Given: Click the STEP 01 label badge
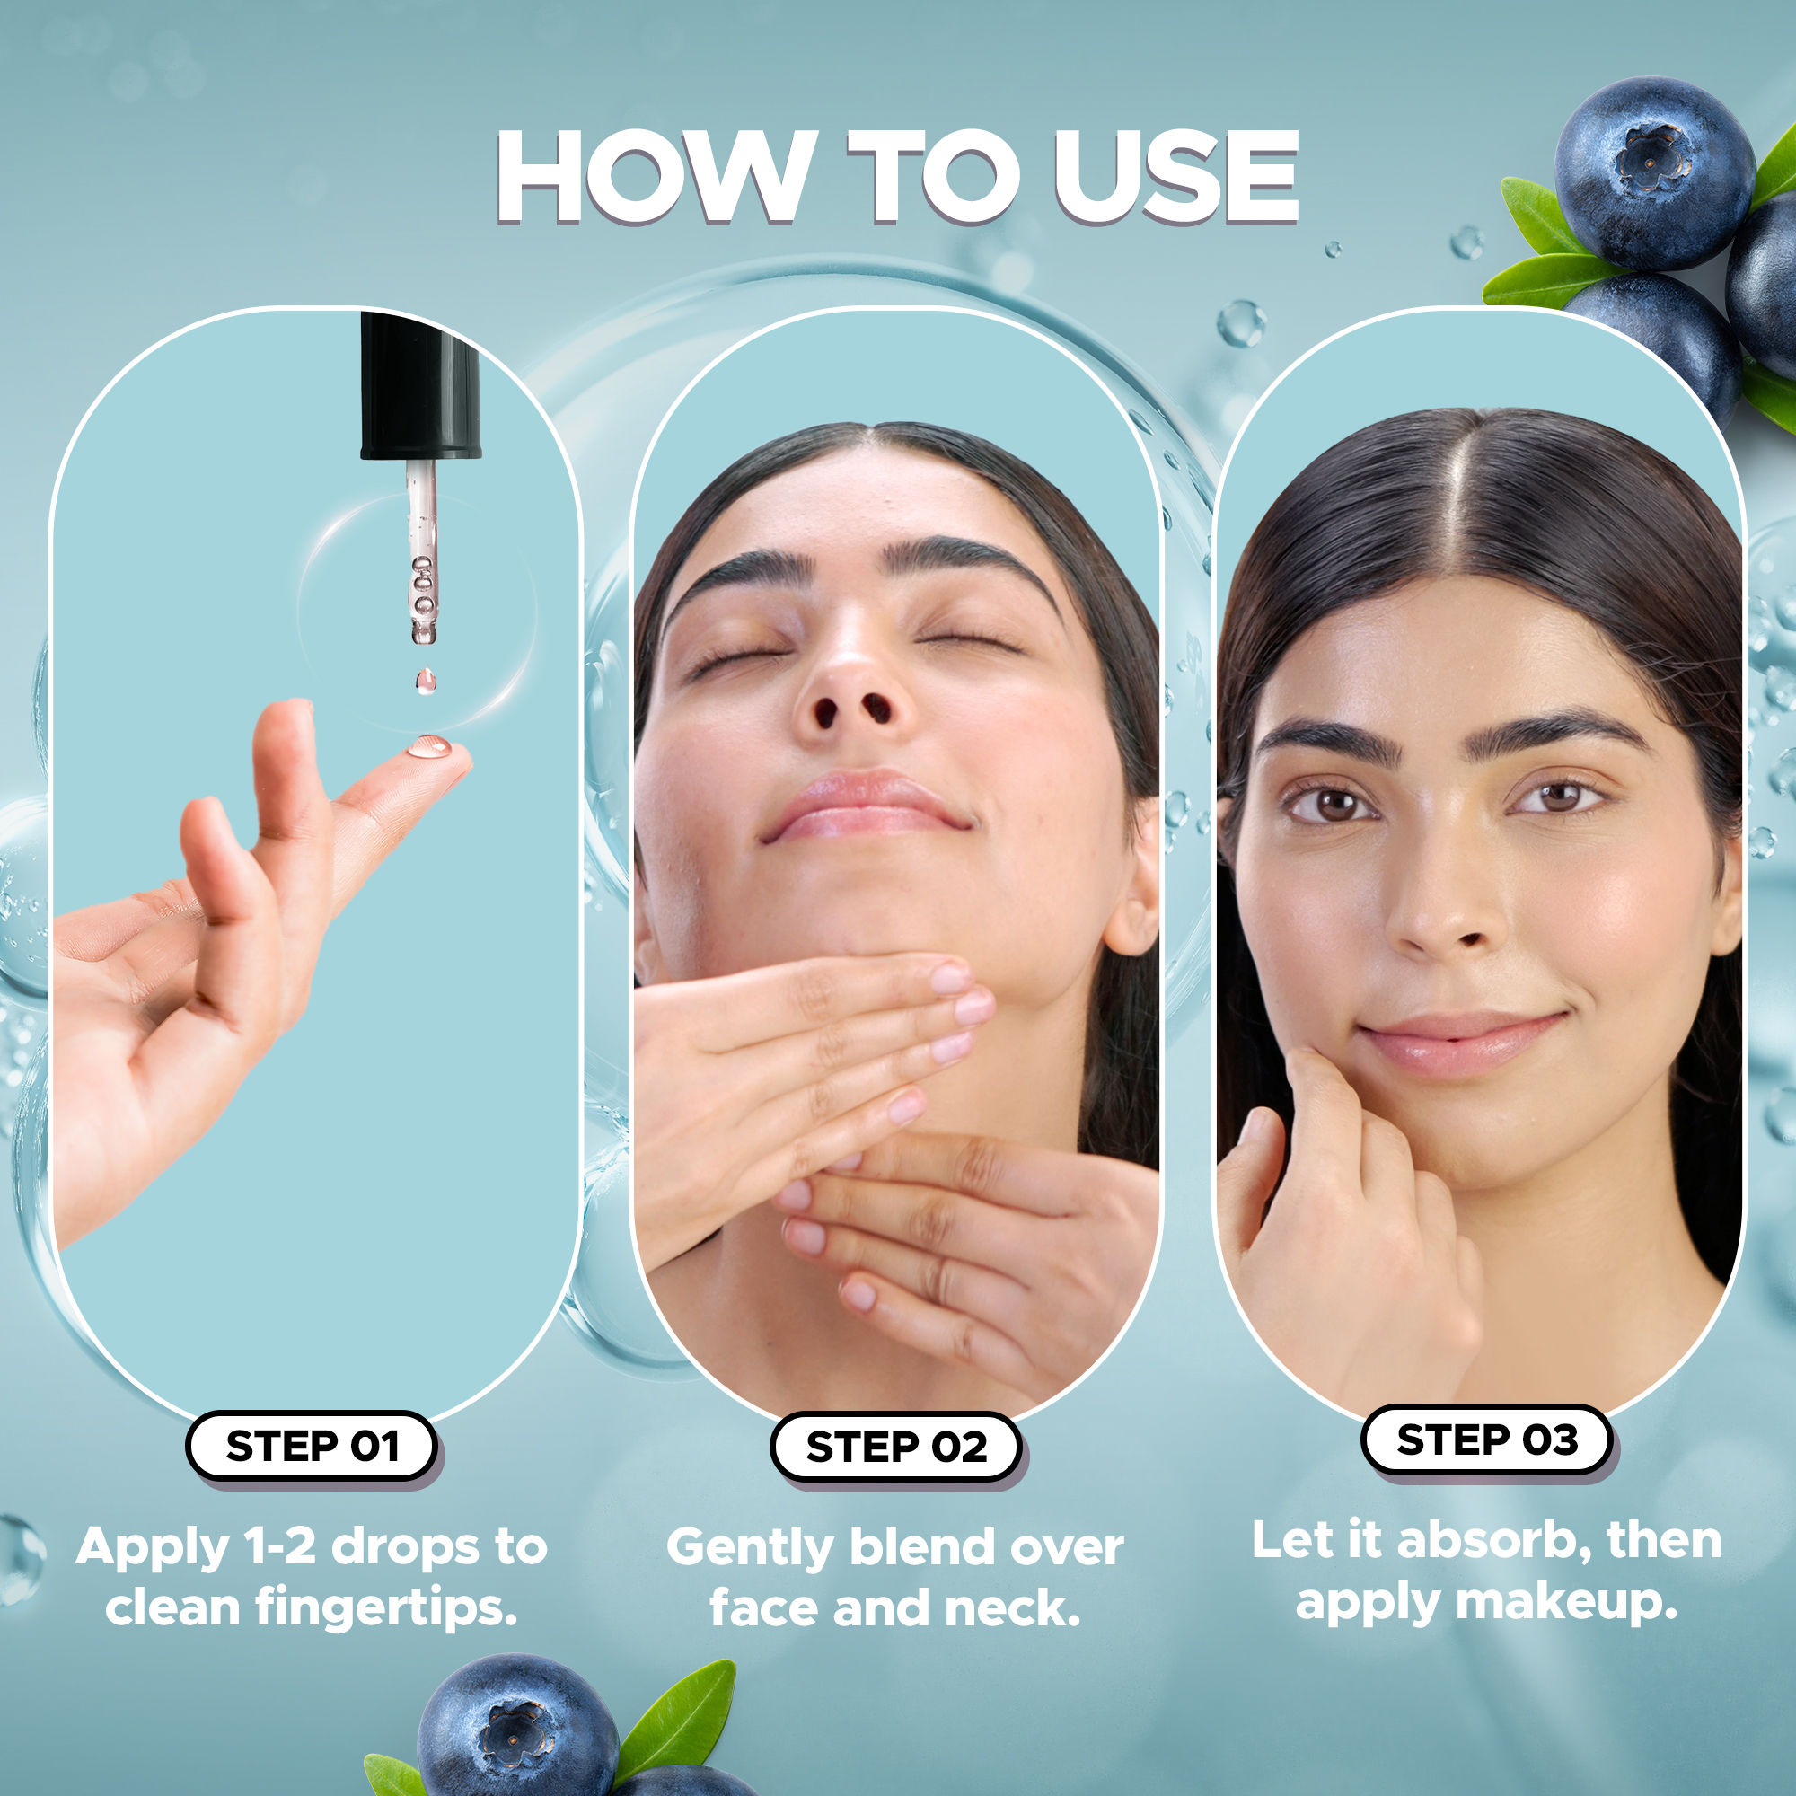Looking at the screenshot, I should pyautogui.click(x=312, y=1446).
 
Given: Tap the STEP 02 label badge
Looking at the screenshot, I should pyautogui.click(x=895, y=1447).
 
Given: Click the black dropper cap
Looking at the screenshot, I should pyautogui.click(x=419, y=386).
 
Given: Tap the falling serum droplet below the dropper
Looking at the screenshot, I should pyautogui.click(x=426, y=682).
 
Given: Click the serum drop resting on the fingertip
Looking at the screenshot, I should pyautogui.click(x=428, y=746).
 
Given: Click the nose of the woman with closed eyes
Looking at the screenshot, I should pyautogui.click(x=850, y=688).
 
